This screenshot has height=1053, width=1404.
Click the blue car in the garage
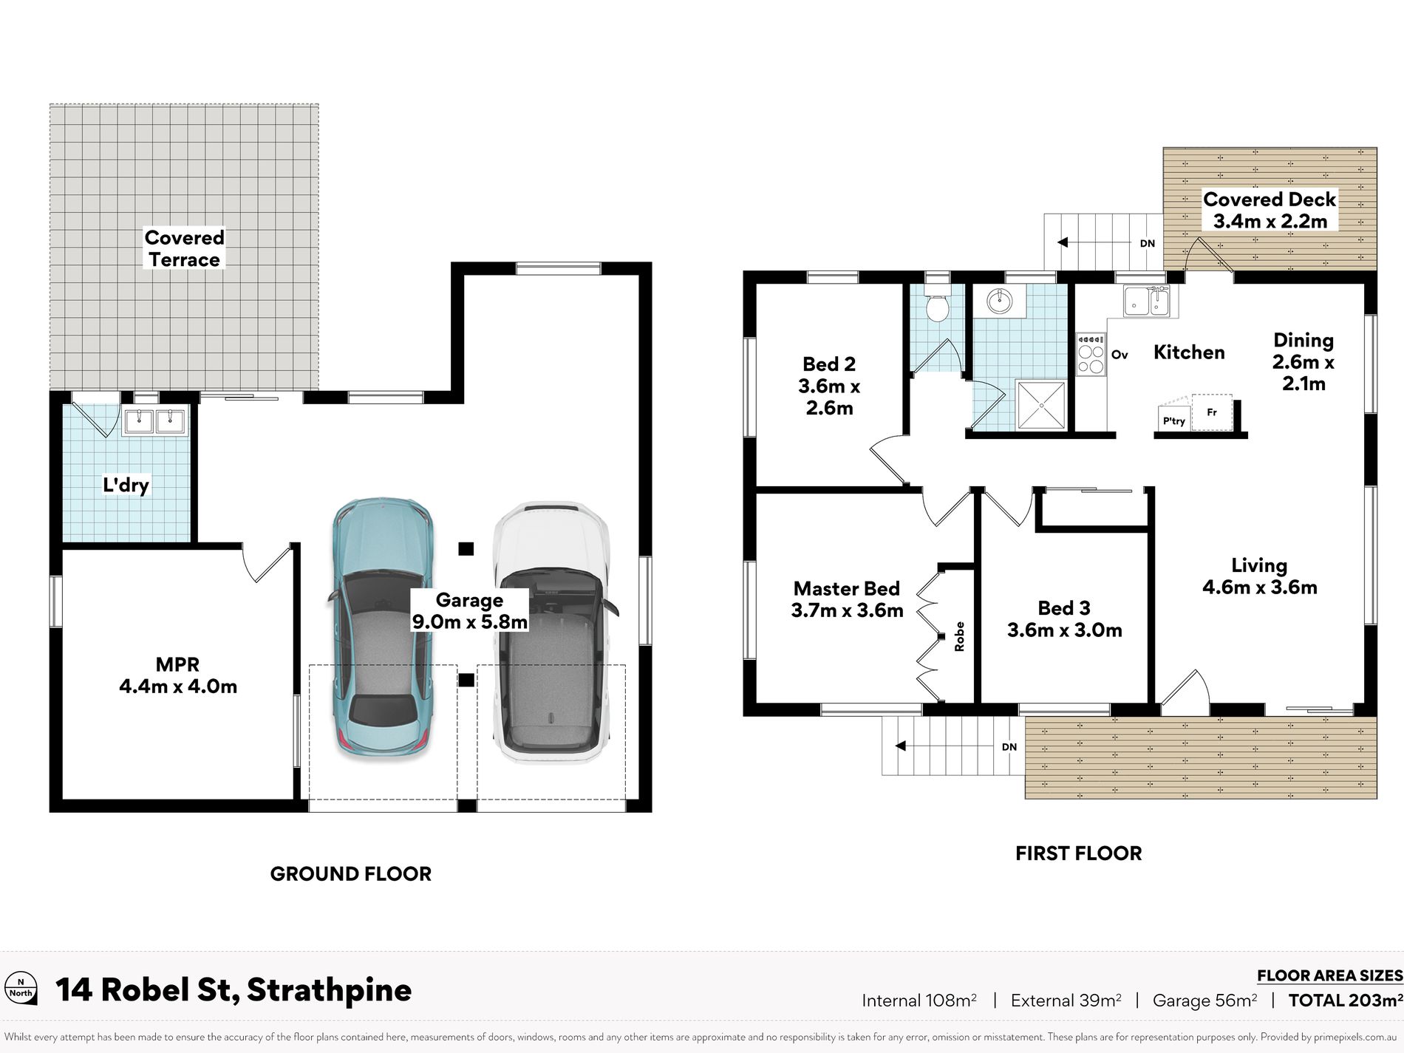click(381, 628)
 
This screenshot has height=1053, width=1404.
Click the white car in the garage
click(552, 633)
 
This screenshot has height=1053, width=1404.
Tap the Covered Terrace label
click(184, 248)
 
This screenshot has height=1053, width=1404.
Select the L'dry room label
click(126, 485)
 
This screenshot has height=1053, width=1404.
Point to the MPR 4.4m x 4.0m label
click(178, 675)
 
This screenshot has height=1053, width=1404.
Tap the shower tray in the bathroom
click(1041, 404)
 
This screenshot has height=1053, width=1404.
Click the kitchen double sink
click(1147, 301)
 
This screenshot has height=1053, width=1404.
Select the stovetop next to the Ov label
click(1091, 355)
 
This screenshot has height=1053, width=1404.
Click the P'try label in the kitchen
click(1173, 420)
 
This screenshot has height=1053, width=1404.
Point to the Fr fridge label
click(1212, 412)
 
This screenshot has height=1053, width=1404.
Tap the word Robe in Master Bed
click(959, 636)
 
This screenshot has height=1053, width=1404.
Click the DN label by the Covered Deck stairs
click(1147, 243)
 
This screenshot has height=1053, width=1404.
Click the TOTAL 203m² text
click(1346, 1000)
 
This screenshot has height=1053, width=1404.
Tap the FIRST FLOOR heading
click(1078, 853)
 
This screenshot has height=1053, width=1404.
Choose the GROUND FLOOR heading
click(350, 873)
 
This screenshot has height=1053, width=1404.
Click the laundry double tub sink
click(155, 421)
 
